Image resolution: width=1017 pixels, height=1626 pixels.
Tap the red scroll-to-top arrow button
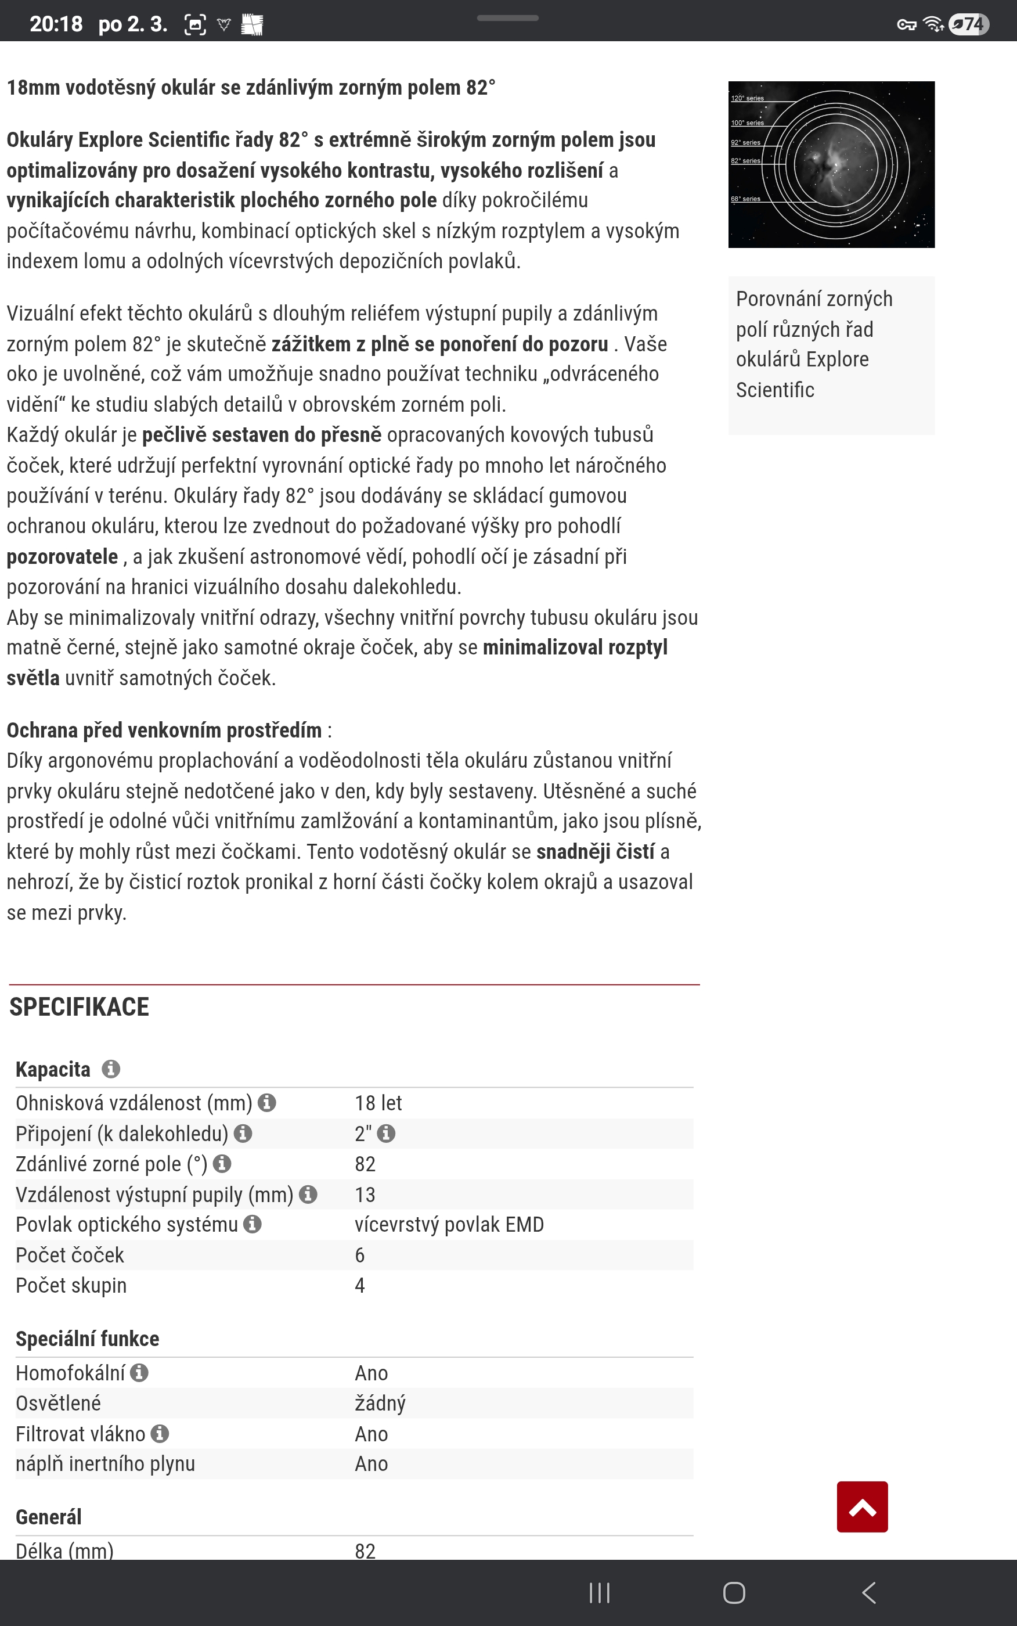pyautogui.click(x=861, y=1506)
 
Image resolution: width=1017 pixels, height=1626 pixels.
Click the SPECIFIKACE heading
pyautogui.click(x=80, y=1007)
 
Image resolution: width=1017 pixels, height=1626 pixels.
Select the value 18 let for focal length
pyautogui.click(x=378, y=1103)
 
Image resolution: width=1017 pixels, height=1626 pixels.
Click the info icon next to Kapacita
pyautogui.click(x=111, y=1069)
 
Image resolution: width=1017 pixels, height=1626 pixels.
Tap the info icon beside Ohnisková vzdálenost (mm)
pyautogui.click(x=267, y=1103)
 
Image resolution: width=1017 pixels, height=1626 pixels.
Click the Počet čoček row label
pyautogui.click(x=70, y=1256)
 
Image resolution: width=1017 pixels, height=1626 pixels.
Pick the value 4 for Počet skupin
pyautogui.click(x=360, y=1286)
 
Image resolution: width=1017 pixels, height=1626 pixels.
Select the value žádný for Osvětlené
pyautogui.click(x=380, y=1404)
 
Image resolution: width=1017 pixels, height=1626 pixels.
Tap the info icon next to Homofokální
pyautogui.click(x=139, y=1372)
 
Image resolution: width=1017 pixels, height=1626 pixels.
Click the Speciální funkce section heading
pyautogui.click(x=88, y=1339)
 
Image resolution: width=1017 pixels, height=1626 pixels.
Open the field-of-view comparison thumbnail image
pyautogui.click(x=831, y=165)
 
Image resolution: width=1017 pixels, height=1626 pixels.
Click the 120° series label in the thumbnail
pyautogui.click(x=747, y=98)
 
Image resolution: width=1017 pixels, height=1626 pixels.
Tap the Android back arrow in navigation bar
pyautogui.click(x=868, y=1592)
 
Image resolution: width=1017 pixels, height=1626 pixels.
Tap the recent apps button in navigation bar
pyautogui.click(x=599, y=1592)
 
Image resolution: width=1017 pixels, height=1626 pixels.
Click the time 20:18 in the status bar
pyautogui.click(x=56, y=24)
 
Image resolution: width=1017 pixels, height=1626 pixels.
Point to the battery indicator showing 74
pyautogui.click(x=969, y=24)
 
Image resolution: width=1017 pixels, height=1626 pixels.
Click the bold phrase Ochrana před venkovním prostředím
pyautogui.click(x=164, y=730)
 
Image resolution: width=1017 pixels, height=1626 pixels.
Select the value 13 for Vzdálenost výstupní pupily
pyautogui.click(x=365, y=1195)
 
